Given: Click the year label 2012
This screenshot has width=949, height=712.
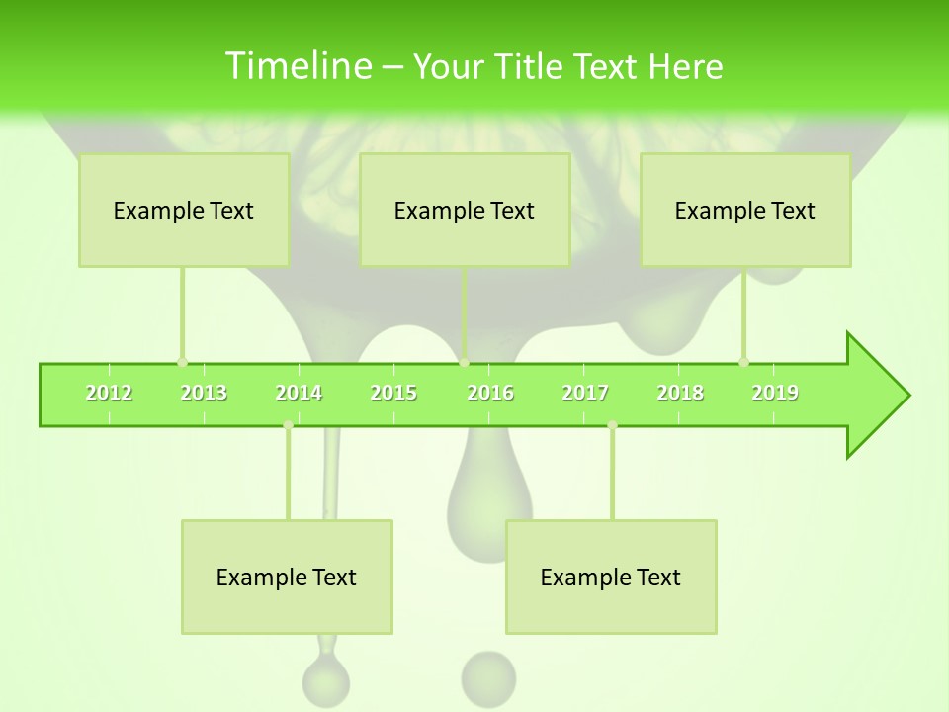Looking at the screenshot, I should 109,393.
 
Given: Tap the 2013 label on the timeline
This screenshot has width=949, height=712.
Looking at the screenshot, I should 204,393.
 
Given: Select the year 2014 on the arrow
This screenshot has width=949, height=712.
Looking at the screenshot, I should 299,393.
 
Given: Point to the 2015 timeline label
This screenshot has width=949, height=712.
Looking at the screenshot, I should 393,393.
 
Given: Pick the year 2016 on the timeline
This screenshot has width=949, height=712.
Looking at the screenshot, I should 490,393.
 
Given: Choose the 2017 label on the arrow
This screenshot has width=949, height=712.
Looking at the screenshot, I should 585,393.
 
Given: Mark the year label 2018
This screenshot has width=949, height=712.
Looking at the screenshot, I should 680,393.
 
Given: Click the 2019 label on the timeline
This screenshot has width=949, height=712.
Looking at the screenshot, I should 775,393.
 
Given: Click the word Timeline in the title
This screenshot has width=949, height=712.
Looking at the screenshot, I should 297,66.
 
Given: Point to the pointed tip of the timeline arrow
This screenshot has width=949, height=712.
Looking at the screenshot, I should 907,396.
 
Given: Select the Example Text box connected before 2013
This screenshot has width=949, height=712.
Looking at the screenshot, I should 184,210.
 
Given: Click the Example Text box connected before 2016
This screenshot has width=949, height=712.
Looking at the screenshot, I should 465,210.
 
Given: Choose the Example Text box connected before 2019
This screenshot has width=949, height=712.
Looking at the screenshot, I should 745,210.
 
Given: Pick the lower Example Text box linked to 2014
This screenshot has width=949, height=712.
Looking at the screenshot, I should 287,577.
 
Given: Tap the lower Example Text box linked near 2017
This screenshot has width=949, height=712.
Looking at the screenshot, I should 611,577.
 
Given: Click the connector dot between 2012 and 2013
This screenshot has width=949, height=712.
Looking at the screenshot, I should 182,362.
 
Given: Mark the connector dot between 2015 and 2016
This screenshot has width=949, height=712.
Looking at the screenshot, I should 464,362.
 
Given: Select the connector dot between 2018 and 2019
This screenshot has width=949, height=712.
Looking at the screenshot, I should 743,362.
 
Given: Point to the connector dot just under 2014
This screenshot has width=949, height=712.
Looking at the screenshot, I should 288,425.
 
